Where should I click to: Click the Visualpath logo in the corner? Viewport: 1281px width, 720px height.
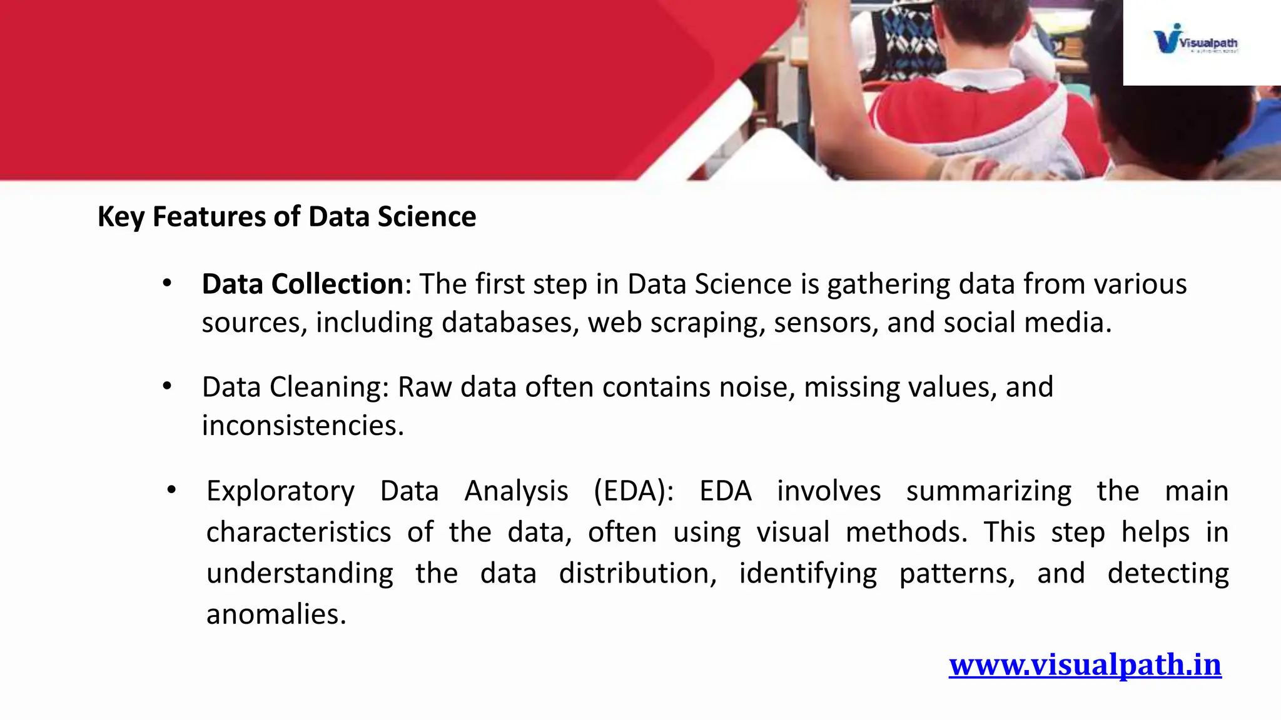coord(1195,40)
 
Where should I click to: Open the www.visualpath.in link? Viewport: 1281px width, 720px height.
coord(1085,664)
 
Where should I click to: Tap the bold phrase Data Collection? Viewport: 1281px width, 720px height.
coord(302,284)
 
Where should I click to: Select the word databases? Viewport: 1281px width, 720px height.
coord(509,323)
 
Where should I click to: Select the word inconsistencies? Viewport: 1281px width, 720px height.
coord(302,426)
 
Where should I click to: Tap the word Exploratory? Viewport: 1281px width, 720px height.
coord(280,491)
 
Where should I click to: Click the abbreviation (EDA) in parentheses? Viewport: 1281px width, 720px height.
coord(633,491)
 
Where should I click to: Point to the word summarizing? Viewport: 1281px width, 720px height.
coord(988,491)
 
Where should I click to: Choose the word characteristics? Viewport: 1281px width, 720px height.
coord(298,532)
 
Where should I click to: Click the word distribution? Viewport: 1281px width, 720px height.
coord(637,574)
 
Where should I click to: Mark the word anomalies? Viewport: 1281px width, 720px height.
coord(276,615)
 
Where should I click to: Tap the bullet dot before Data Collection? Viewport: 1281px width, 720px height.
coord(166,284)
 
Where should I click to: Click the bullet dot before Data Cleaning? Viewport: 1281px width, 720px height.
coord(166,387)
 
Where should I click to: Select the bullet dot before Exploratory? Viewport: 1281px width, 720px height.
coord(171,490)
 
